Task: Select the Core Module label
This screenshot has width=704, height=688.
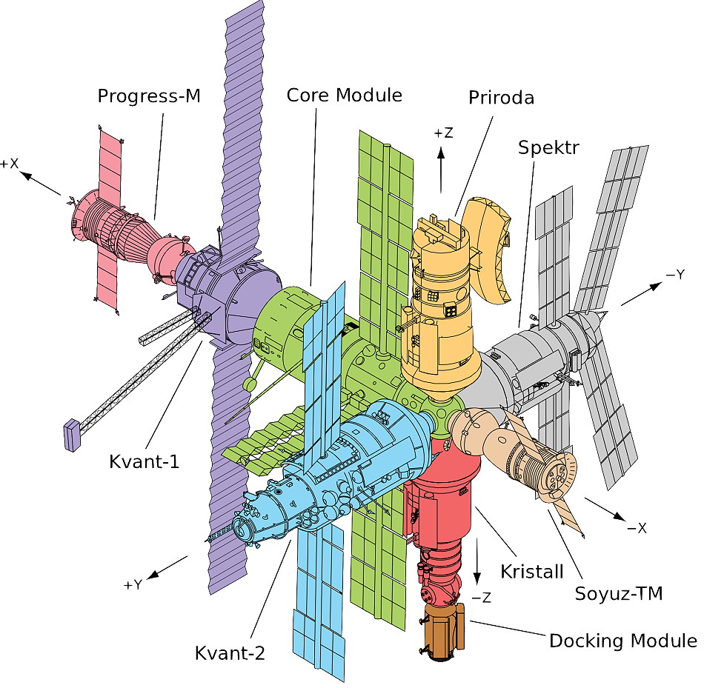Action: tap(344, 96)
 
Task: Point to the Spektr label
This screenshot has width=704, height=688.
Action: tap(548, 148)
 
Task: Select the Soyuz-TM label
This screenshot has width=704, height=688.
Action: tap(619, 593)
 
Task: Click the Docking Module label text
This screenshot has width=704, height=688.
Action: tap(622, 641)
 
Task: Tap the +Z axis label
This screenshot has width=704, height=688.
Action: tap(443, 133)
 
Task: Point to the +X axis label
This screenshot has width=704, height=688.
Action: tap(10, 164)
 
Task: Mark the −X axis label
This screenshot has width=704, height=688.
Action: tap(637, 528)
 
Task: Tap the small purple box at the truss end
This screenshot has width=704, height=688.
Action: tap(72, 435)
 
